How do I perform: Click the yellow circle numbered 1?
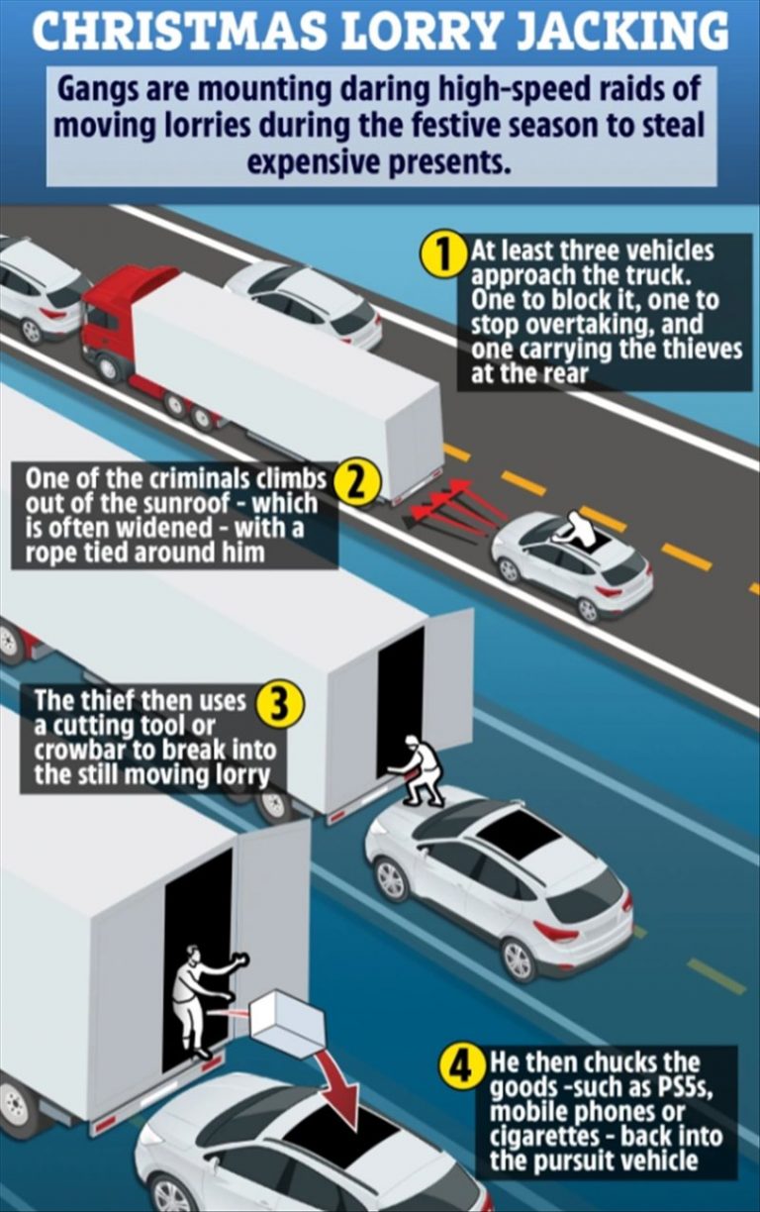443,252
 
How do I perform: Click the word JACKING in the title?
619,32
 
